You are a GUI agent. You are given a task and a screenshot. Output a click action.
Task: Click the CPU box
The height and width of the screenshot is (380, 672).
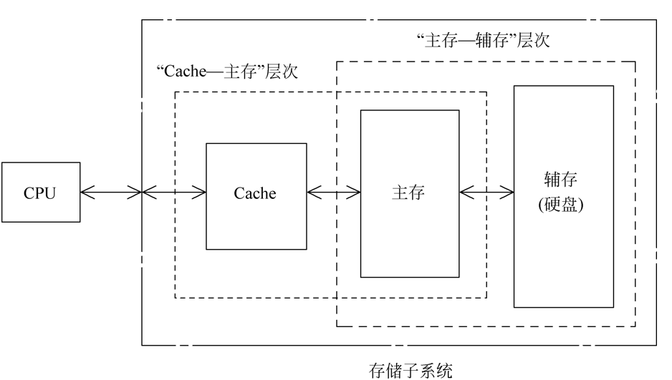point(40,192)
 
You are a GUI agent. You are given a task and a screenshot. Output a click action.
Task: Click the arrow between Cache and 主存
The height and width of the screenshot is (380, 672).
point(333,192)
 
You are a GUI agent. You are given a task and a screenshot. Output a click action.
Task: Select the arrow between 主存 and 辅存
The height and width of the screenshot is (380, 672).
point(486,192)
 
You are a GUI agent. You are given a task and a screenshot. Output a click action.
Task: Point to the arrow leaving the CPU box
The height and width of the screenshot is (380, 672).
point(111,192)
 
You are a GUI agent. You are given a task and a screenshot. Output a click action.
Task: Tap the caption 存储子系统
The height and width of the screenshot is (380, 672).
point(411,370)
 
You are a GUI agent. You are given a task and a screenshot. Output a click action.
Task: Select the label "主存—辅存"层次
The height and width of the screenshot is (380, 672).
point(484,40)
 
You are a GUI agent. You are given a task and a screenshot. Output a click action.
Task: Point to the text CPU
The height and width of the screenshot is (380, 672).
point(40,193)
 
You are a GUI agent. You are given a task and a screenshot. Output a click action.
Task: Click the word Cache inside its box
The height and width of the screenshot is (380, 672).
point(255,193)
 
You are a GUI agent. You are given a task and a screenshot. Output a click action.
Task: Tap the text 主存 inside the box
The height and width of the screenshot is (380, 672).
point(408,193)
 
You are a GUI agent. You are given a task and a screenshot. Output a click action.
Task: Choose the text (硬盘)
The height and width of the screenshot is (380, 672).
point(564,205)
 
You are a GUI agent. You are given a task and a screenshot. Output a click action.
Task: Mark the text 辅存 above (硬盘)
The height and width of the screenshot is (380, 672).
point(564,179)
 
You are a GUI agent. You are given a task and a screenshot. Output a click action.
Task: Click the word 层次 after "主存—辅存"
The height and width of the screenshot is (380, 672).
point(534,40)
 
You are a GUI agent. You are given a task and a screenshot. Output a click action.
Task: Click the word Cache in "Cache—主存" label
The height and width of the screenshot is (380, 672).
point(179,72)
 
